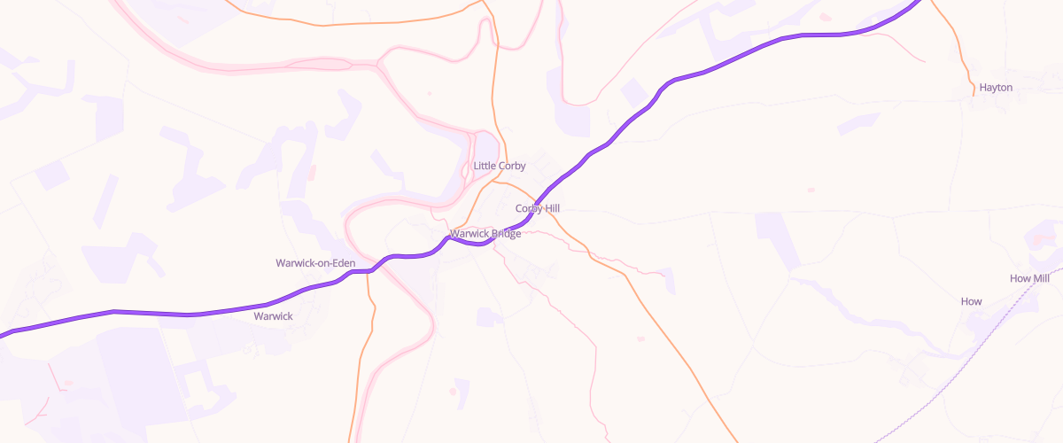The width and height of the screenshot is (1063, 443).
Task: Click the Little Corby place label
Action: [x=500, y=166]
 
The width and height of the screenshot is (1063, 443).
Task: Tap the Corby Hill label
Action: [x=538, y=208]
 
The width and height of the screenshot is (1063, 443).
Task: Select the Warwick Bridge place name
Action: [x=485, y=234]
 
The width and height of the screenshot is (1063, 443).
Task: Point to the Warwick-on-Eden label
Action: [x=315, y=263]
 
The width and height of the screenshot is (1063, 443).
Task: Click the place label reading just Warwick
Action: [x=273, y=315]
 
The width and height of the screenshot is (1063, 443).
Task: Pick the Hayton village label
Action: [x=996, y=88]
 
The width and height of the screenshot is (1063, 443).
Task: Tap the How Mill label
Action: [x=1029, y=278]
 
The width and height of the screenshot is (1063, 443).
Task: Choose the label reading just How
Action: [x=971, y=301]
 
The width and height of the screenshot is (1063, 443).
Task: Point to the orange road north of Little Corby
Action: [x=493, y=80]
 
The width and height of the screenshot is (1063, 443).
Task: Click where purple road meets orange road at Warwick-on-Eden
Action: [x=368, y=271]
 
